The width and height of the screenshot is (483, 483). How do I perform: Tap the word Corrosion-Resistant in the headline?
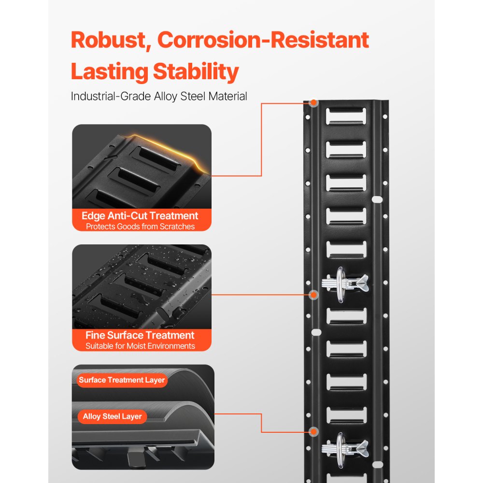(x=263, y=40)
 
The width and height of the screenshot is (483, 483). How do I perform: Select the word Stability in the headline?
(x=196, y=72)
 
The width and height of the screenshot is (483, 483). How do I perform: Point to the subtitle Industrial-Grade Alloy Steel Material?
(x=159, y=96)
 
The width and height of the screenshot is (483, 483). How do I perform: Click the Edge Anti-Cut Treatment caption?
(x=140, y=215)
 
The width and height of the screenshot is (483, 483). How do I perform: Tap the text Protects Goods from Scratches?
(x=140, y=227)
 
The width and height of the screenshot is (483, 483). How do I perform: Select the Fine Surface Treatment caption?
(x=140, y=335)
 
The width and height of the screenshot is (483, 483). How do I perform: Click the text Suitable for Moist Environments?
(x=140, y=346)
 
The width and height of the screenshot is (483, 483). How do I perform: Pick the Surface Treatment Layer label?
(x=122, y=380)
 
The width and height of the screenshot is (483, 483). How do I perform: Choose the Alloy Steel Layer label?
(x=112, y=416)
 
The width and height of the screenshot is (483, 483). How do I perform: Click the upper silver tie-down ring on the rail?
(x=340, y=284)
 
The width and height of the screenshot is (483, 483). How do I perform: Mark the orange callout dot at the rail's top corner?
(x=313, y=102)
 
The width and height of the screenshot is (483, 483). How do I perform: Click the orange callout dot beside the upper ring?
(x=313, y=295)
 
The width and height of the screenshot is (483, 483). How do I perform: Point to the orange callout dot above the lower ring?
(x=313, y=431)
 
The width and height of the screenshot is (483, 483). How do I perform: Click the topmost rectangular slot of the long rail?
(x=346, y=116)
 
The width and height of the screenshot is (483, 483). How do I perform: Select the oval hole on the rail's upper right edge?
(x=377, y=199)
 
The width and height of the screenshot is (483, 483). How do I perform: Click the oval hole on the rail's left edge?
(x=316, y=332)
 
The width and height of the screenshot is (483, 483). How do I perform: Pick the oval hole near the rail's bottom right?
(x=378, y=465)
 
